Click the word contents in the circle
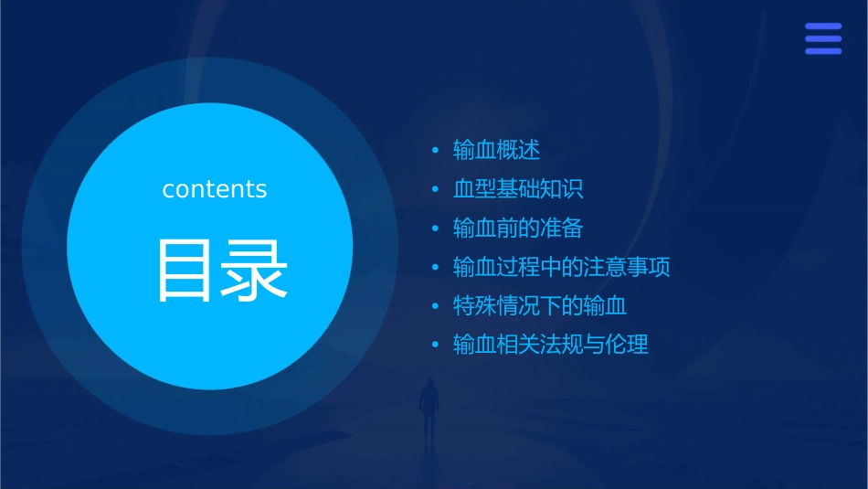(215, 189)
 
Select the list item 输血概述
(497, 150)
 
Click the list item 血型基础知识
(518, 189)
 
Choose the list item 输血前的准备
(518, 228)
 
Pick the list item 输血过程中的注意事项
(562, 267)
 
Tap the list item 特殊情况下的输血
(540, 306)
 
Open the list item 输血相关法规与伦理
(551, 345)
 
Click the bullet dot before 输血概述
(436, 150)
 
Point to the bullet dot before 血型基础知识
(436, 189)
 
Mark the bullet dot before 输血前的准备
(436, 229)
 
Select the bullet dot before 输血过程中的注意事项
(436, 268)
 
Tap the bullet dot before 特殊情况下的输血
(436, 306)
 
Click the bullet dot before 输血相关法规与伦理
(436, 345)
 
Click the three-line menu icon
(823, 39)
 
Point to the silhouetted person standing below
(428, 408)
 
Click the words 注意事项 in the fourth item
(627, 267)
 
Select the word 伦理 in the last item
(627, 345)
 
